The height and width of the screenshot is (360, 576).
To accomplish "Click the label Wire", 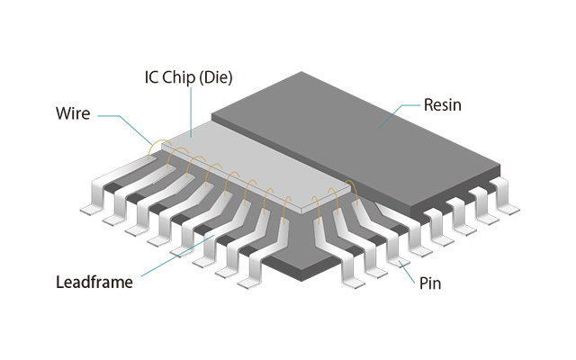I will (x=74, y=114).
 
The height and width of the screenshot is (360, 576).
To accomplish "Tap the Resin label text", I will (x=442, y=105).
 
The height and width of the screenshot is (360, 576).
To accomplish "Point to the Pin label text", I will (x=430, y=283).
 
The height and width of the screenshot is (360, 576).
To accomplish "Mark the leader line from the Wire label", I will (x=121, y=117).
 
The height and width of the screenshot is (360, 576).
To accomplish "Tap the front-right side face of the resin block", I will (x=405, y=193).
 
